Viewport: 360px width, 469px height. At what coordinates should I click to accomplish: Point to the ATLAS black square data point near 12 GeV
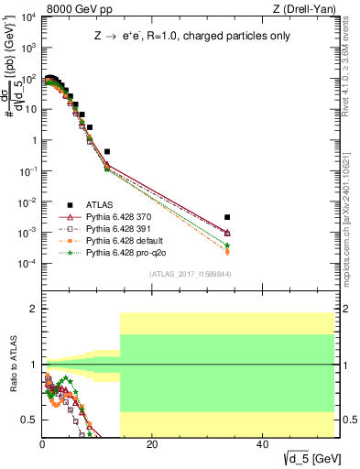pos(107,151)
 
